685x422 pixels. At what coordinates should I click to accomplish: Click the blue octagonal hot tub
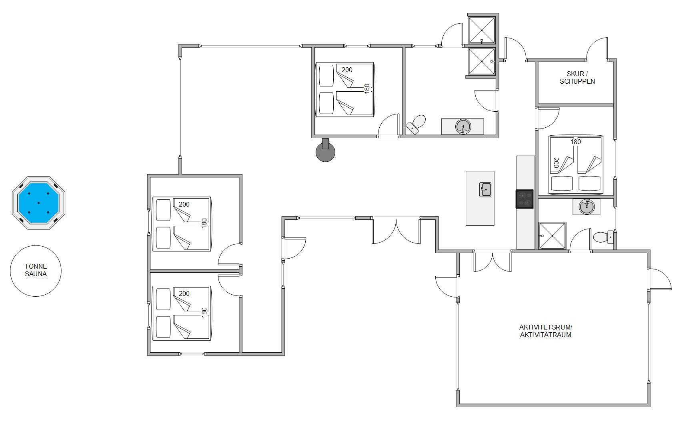coord(38,203)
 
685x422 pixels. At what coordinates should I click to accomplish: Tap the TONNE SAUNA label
coord(36,270)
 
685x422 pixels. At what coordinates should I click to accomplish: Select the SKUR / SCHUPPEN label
coord(577,77)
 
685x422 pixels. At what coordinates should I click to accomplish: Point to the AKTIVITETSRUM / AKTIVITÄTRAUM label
coord(545,331)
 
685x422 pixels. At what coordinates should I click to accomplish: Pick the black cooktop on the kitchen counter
coord(525,199)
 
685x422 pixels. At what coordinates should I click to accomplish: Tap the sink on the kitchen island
coord(485,189)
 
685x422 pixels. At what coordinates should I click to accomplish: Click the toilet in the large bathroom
coord(416,125)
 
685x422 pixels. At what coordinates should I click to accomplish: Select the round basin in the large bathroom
coord(463,127)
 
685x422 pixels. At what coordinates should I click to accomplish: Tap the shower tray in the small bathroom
coord(552,236)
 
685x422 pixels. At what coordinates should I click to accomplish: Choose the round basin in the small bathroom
coord(587,207)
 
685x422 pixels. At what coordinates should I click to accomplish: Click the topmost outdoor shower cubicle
coord(482,30)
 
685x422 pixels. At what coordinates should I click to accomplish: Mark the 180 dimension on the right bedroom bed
coord(575,142)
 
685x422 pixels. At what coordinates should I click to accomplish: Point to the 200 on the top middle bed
coord(347,70)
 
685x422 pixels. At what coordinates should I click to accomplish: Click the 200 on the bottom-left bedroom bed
coord(184,293)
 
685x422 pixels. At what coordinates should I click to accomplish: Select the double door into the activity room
coord(493,261)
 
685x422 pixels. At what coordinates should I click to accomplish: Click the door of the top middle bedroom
coord(389,125)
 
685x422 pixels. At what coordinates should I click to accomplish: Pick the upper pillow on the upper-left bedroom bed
coord(163,210)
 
